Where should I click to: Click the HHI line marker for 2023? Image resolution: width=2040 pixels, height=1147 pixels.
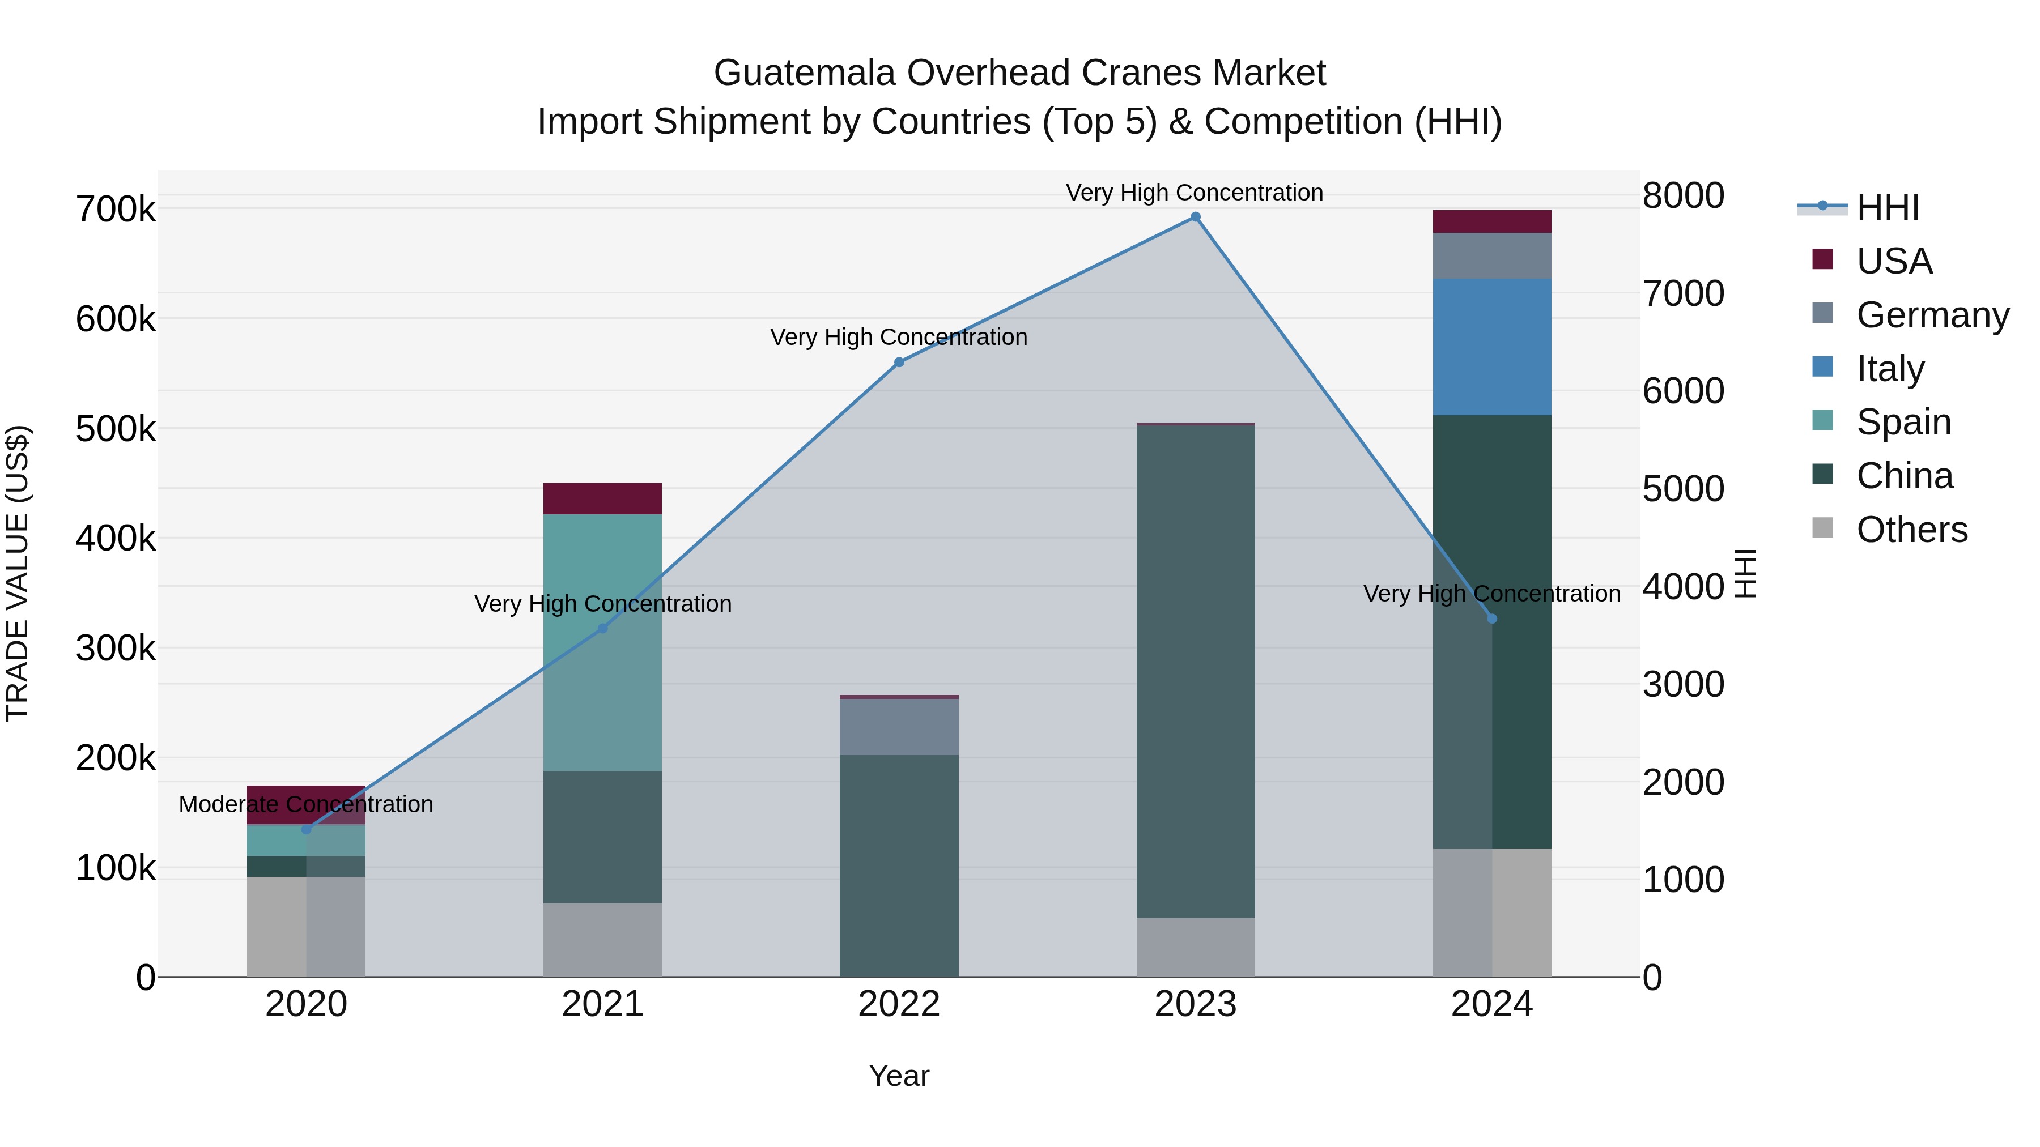pyautogui.click(x=1195, y=217)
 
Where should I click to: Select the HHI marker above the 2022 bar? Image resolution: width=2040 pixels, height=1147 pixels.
pyautogui.click(x=899, y=363)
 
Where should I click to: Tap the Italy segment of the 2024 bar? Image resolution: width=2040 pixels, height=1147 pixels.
pyautogui.click(x=1491, y=347)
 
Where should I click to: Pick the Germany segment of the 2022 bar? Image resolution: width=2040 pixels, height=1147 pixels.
pyautogui.click(x=899, y=727)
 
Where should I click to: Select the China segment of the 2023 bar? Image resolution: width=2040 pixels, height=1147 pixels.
pyautogui.click(x=1195, y=671)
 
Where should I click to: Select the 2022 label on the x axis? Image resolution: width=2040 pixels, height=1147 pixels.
pyautogui.click(x=899, y=1004)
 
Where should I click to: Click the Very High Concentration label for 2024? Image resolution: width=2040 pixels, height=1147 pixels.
pyautogui.click(x=1491, y=594)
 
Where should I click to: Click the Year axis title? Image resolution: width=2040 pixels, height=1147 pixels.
pyautogui.click(x=899, y=1076)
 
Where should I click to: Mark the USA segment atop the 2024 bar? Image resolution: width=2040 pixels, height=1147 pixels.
pyautogui.click(x=1491, y=221)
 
